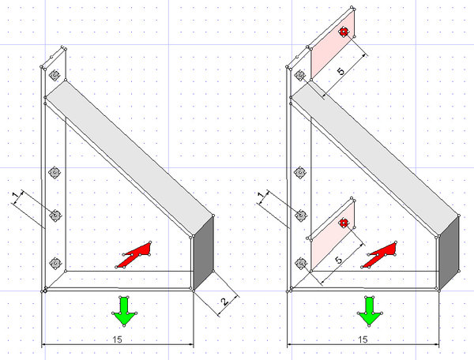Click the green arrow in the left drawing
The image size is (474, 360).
pos(124,311)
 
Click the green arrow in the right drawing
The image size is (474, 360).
pos(370,311)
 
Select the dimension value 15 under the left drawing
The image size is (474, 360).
pos(117,339)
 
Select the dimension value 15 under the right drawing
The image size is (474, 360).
pos(363,339)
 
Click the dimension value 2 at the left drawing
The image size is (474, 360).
pos(224,302)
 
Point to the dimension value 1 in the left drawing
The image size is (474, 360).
pos(16,196)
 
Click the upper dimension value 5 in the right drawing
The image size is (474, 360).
pos(340,72)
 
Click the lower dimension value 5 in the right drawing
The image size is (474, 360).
pos(339,260)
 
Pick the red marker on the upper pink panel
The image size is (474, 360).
pos(344,32)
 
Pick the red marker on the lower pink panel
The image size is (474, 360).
pos(344,223)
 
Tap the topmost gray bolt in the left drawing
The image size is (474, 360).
pos(55,75)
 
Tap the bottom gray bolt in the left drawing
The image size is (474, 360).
pos(55,264)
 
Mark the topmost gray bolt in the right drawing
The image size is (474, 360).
pos(300,75)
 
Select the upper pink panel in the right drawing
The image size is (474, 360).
pos(333,44)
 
